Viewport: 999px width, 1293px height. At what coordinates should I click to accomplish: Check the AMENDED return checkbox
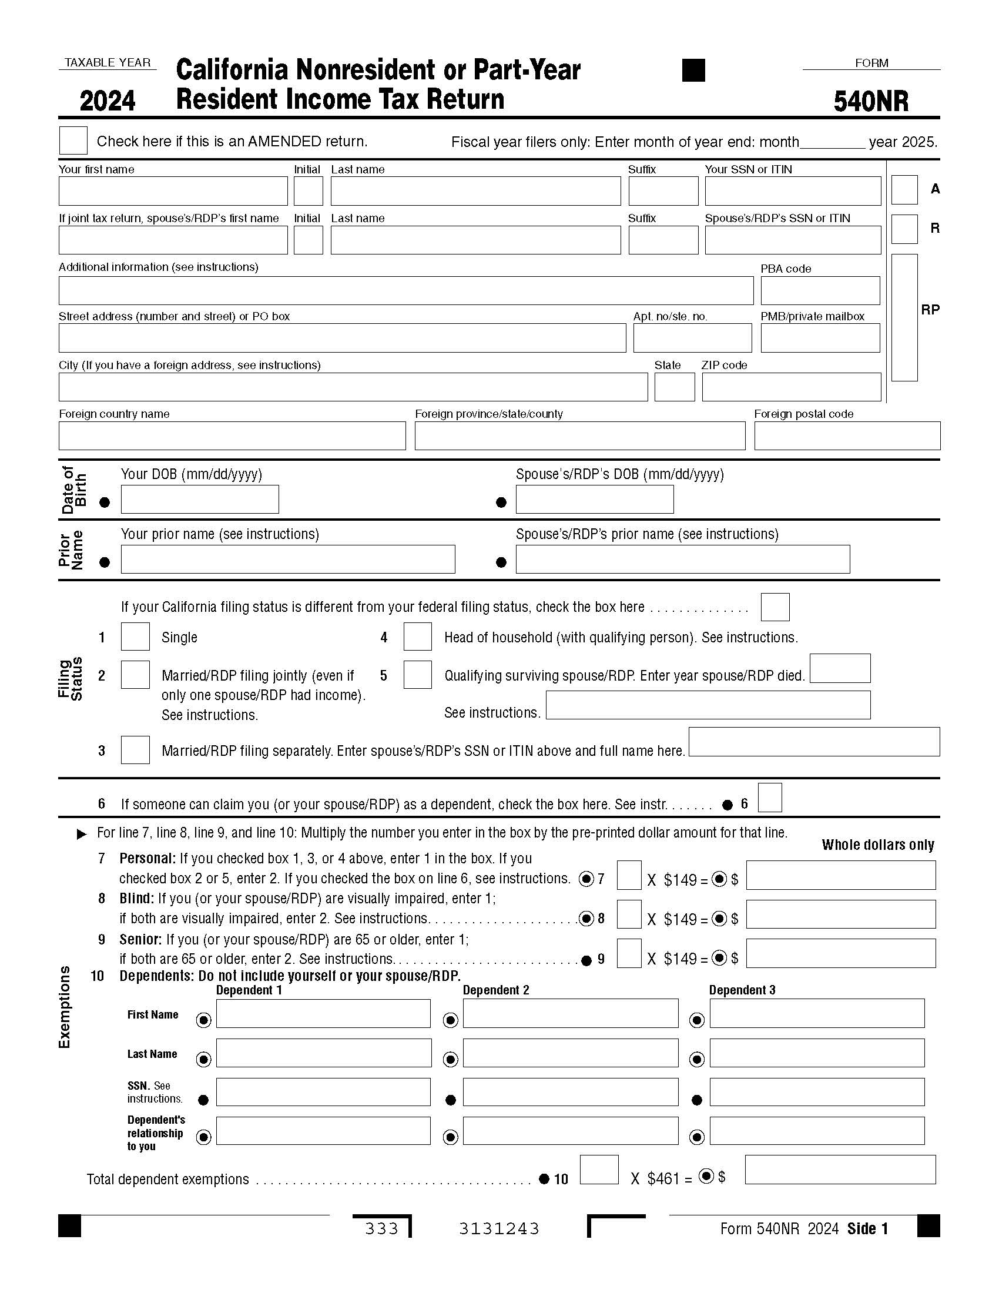point(73,140)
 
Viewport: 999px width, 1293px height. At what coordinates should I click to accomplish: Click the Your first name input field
point(173,191)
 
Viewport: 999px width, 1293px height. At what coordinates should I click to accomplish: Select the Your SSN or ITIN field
point(793,191)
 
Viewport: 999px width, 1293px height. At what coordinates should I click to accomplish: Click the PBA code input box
point(820,291)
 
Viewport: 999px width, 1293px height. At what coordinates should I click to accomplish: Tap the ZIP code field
point(792,387)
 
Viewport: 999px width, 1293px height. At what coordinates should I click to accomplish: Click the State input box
point(674,387)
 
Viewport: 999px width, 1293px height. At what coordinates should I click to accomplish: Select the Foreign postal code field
point(846,436)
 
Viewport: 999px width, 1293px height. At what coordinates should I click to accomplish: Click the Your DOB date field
point(199,499)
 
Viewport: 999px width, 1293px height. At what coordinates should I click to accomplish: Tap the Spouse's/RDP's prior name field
point(682,560)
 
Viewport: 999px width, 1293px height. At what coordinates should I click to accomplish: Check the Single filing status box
point(135,637)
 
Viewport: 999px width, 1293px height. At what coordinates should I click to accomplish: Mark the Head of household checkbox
point(417,637)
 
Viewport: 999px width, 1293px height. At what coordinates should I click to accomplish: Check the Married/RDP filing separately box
point(135,750)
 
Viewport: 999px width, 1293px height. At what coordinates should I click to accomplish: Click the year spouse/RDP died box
point(839,668)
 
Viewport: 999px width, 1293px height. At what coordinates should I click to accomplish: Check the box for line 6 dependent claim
point(769,798)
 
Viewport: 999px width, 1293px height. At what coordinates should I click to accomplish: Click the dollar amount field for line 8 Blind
point(840,915)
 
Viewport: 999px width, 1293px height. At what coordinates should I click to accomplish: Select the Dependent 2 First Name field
point(570,1014)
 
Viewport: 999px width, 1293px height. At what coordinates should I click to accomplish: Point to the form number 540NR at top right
point(870,101)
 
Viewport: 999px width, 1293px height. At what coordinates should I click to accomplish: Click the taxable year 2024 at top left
point(108,101)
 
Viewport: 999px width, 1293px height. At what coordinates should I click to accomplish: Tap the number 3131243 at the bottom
point(499,1230)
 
